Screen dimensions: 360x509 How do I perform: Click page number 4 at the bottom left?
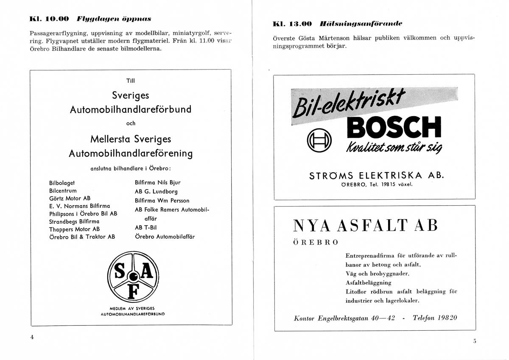[x=32, y=337]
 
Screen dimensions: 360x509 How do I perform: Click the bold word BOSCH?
[x=394, y=126]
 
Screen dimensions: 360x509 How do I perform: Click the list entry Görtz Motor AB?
[x=70, y=198]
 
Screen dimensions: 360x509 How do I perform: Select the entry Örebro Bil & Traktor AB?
[x=82, y=237]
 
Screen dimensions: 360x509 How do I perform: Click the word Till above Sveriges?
[x=131, y=81]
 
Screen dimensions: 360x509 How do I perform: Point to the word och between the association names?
[x=131, y=124]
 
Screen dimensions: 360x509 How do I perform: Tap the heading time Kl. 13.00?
[x=292, y=24]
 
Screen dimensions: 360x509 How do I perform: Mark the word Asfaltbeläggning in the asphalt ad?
[x=369, y=282]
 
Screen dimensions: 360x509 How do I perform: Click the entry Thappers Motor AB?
[x=75, y=229]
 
